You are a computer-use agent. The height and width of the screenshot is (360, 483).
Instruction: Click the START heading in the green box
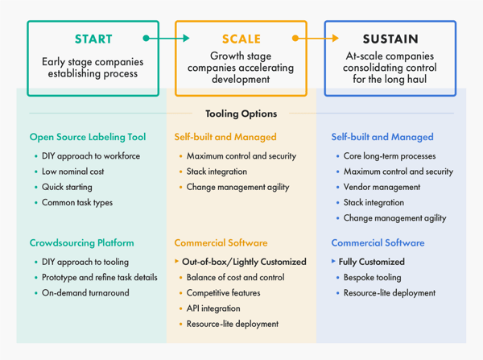coord(93,39)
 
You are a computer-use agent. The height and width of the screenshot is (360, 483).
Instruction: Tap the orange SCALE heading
coord(242,39)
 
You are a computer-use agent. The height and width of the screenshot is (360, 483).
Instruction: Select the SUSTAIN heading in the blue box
coord(390,39)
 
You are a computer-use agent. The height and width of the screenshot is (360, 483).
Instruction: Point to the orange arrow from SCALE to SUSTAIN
coord(316,38)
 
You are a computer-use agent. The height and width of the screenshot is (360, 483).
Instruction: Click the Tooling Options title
coord(241,114)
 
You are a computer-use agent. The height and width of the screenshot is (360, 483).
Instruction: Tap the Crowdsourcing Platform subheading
coord(81,242)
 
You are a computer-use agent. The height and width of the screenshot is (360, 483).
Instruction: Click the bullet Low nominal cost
coord(72,172)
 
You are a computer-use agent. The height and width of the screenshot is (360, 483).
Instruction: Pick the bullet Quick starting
coord(68,187)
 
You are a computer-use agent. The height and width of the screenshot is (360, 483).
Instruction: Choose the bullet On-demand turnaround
coord(85,292)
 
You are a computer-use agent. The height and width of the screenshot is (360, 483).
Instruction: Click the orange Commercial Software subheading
coord(221,242)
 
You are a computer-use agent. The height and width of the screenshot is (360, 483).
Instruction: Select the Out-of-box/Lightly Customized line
coord(243,262)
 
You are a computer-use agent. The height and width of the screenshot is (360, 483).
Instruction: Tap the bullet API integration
coord(213,308)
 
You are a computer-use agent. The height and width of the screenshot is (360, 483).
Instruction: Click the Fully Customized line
coord(371,262)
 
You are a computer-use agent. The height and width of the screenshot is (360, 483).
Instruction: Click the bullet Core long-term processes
coord(390,156)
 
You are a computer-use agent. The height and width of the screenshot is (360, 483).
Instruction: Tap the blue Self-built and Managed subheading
coord(382,137)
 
